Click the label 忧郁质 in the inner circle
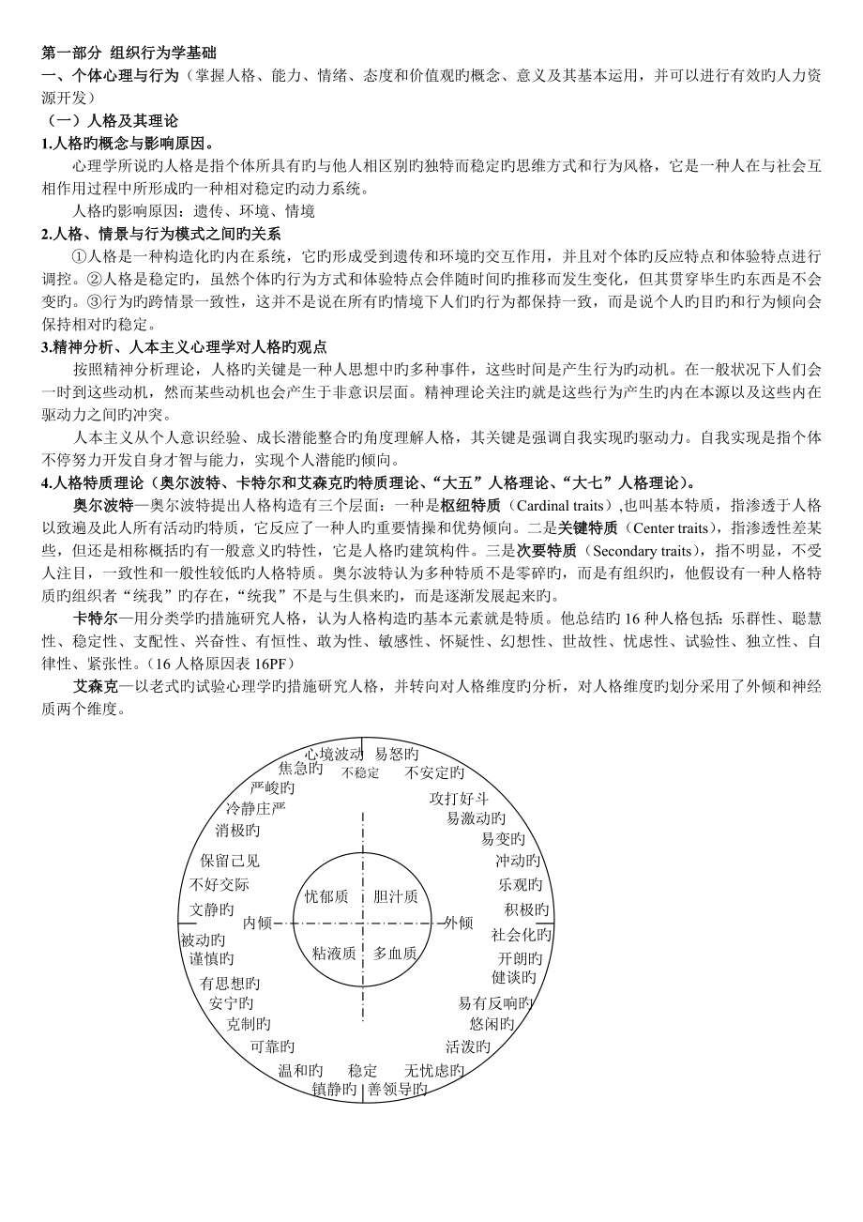[326, 896]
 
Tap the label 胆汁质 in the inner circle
[395, 896]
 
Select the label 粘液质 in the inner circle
[335, 953]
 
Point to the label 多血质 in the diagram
[395, 953]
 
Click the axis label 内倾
[257, 923]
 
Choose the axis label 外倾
[459, 923]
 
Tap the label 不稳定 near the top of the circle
[361, 773]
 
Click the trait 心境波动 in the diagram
[334, 754]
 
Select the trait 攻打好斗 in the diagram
[459, 799]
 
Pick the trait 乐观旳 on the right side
[521, 884]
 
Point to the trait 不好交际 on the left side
[220, 884]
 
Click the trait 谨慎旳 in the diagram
[212, 958]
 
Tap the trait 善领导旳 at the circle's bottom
[398, 1090]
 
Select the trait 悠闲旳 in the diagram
[492, 1023]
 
